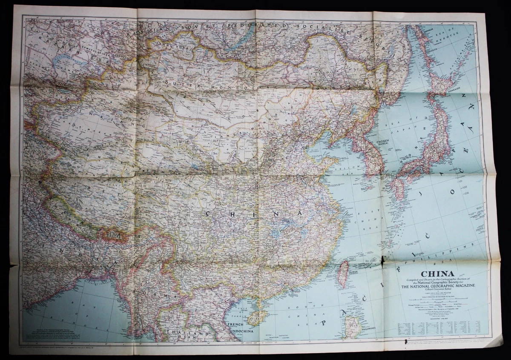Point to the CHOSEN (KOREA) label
click(380, 143)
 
